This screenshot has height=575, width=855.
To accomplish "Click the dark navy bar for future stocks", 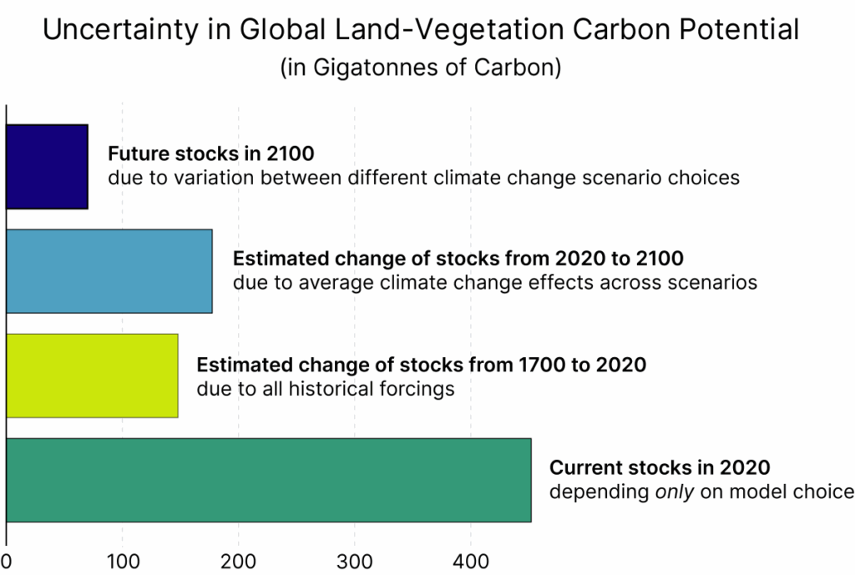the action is pos(47,167).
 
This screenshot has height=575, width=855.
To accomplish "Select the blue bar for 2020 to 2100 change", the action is pos(109,271).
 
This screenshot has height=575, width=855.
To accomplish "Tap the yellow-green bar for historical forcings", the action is pos(92,376).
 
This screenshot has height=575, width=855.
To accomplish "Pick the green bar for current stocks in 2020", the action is pos(269,480).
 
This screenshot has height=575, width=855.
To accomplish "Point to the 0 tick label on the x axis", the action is pos(6,562).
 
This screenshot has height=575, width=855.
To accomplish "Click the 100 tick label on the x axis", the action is pos(123,562).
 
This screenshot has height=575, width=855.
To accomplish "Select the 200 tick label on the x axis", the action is pos(238,562).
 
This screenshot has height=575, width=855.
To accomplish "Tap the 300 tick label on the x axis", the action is pos(355,562).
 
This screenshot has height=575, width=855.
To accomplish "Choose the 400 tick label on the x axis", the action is pos(471,562).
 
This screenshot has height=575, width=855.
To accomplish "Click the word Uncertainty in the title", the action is pos(120,30).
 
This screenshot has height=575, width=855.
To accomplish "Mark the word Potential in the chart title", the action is pos(739,29).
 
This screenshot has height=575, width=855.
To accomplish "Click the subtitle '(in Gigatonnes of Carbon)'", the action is pos(421,68).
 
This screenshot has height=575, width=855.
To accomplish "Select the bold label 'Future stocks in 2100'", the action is pos(211,154).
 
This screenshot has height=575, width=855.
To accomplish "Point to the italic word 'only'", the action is pos(675,492).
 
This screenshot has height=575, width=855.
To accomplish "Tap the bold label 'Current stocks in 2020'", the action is pos(660,467).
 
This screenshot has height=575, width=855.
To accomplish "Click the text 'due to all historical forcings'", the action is pos(326,389).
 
